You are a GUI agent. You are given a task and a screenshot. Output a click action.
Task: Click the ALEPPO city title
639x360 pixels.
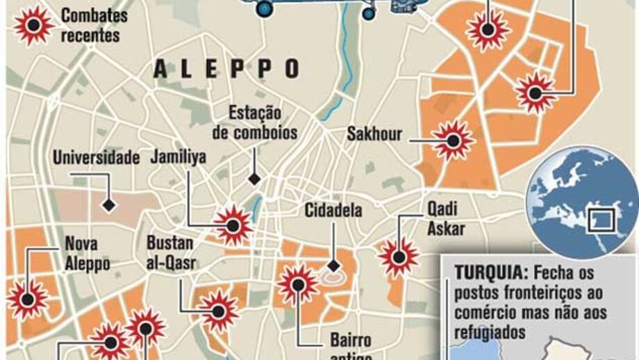[227, 68]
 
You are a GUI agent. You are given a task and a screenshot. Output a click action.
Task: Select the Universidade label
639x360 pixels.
[97, 158]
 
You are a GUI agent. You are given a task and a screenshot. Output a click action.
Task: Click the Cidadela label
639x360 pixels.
[334, 209]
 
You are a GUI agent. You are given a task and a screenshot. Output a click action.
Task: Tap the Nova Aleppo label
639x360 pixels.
[87, 254]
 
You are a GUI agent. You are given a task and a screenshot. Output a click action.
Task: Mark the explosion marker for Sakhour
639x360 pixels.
[453, 141]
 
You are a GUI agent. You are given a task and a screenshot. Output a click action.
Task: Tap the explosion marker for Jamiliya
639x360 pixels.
[233, 224]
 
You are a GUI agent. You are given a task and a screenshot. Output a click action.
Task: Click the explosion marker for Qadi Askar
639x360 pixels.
[399, 256]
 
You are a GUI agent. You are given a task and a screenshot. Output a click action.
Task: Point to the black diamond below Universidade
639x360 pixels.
[108, 206]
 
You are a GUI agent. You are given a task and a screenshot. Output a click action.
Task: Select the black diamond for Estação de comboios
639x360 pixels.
[255, 179]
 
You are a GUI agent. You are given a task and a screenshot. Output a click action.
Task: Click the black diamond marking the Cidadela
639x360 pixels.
[333, 265]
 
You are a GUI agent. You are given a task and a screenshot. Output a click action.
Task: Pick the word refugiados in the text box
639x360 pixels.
[490, 332]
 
